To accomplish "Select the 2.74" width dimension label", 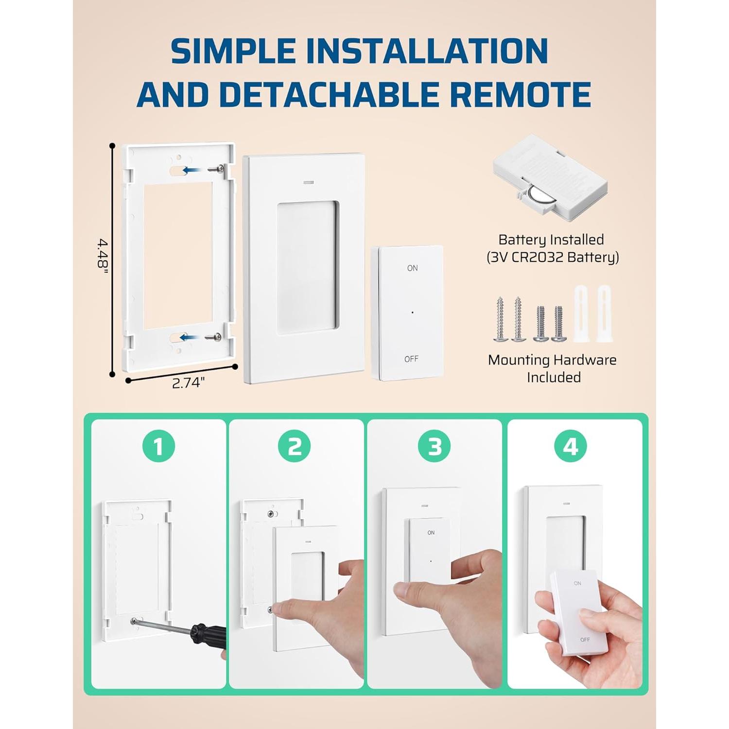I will (x=188, y=383).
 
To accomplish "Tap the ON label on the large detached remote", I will (x=412, y=268).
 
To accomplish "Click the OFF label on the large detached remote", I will (x=411, y=359).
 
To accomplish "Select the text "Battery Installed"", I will (x=551, y=240).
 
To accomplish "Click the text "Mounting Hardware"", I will (x=552, y=360).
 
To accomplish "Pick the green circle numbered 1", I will (x=158, y=446).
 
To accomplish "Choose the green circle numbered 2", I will (x=295, y=446).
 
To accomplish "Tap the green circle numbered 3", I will (x=434, y=446).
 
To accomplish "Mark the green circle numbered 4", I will (x=571, y=446).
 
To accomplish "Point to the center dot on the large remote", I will (x=413, y=312).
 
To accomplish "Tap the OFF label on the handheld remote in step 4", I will (x=585, y=640).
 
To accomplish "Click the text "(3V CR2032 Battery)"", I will (x=553, y=257).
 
